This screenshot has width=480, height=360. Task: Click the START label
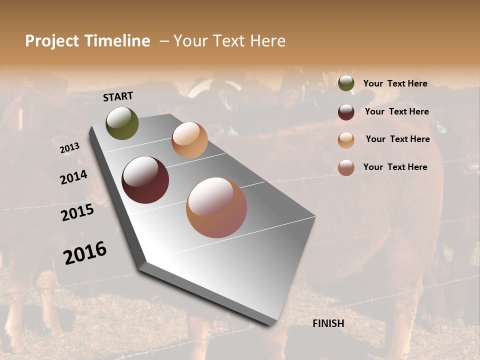118,96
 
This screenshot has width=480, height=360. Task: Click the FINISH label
328,323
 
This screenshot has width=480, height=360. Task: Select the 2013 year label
69,148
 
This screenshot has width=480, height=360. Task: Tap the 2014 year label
73,177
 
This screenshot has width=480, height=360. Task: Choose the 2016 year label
85,253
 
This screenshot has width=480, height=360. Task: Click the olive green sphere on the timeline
122,123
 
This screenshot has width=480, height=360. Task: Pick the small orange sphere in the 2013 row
189,140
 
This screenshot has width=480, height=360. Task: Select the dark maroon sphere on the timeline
145,180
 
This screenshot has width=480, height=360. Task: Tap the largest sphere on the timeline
216,207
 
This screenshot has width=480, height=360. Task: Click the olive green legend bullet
346,83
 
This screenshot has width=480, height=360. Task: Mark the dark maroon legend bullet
346,112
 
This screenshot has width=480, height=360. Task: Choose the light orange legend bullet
346,140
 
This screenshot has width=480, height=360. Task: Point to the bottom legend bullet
346,168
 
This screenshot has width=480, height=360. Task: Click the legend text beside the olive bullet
395,83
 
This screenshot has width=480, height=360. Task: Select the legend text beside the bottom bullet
395,167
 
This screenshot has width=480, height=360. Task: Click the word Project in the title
52,41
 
